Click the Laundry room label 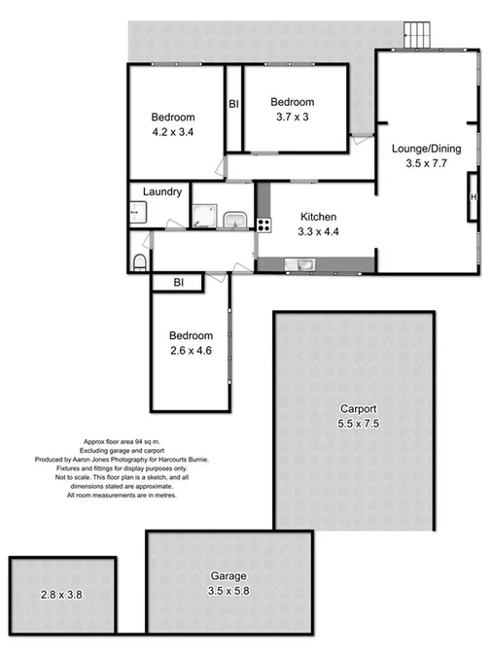click(x=162, y=192)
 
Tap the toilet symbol click(x=139, y=259)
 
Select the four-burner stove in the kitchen click(x=263, y=224)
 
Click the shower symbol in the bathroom click(x=203, y=219)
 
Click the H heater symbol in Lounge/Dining click(x=474, y=198)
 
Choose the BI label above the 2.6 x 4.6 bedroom click(x=178, y=282)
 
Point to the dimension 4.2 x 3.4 click(x=172, y=131)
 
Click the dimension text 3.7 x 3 click(x=292, y=118)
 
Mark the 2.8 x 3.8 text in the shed click(x=61, y=595)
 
